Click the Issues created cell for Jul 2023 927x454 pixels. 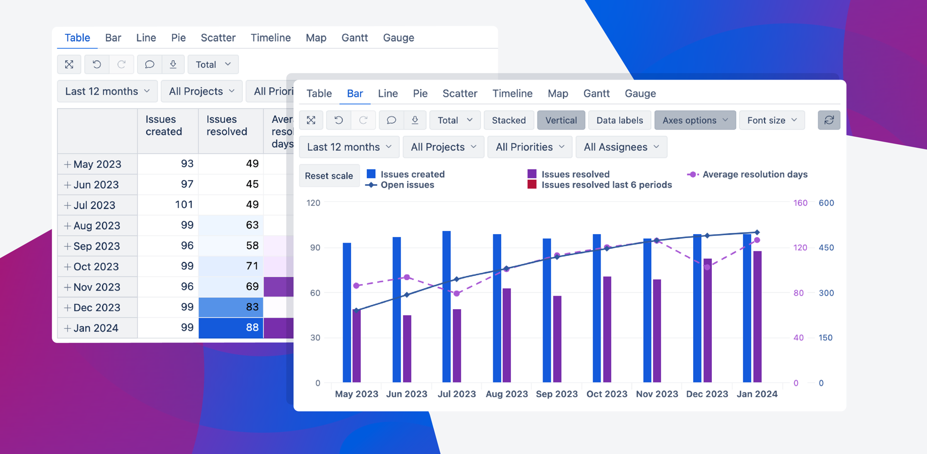tap(168, 205)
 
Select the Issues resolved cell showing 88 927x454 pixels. tap(231, 328)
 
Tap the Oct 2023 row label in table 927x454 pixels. tap(97, 266)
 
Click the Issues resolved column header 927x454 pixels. tap(227, 126)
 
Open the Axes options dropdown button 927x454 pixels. tap(695, 120)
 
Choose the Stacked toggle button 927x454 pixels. tap(508, 120)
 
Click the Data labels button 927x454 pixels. tap(619, 120)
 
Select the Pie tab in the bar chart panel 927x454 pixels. tap(420, 93)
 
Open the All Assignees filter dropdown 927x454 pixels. tap(621, 147)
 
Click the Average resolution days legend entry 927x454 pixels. tap(754, 174)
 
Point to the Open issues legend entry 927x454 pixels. tap(407, 185)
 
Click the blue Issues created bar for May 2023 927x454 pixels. tap(347, 313)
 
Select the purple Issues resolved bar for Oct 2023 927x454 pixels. tap(607, 329)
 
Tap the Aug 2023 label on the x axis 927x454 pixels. tap(506, 394)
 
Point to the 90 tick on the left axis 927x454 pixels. tap(315, 248)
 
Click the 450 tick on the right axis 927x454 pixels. tap(826, 248)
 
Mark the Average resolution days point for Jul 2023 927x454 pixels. tap(457, 293)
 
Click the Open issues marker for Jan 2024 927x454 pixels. tap(757, 233)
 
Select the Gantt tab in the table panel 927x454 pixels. tap(354, 38)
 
